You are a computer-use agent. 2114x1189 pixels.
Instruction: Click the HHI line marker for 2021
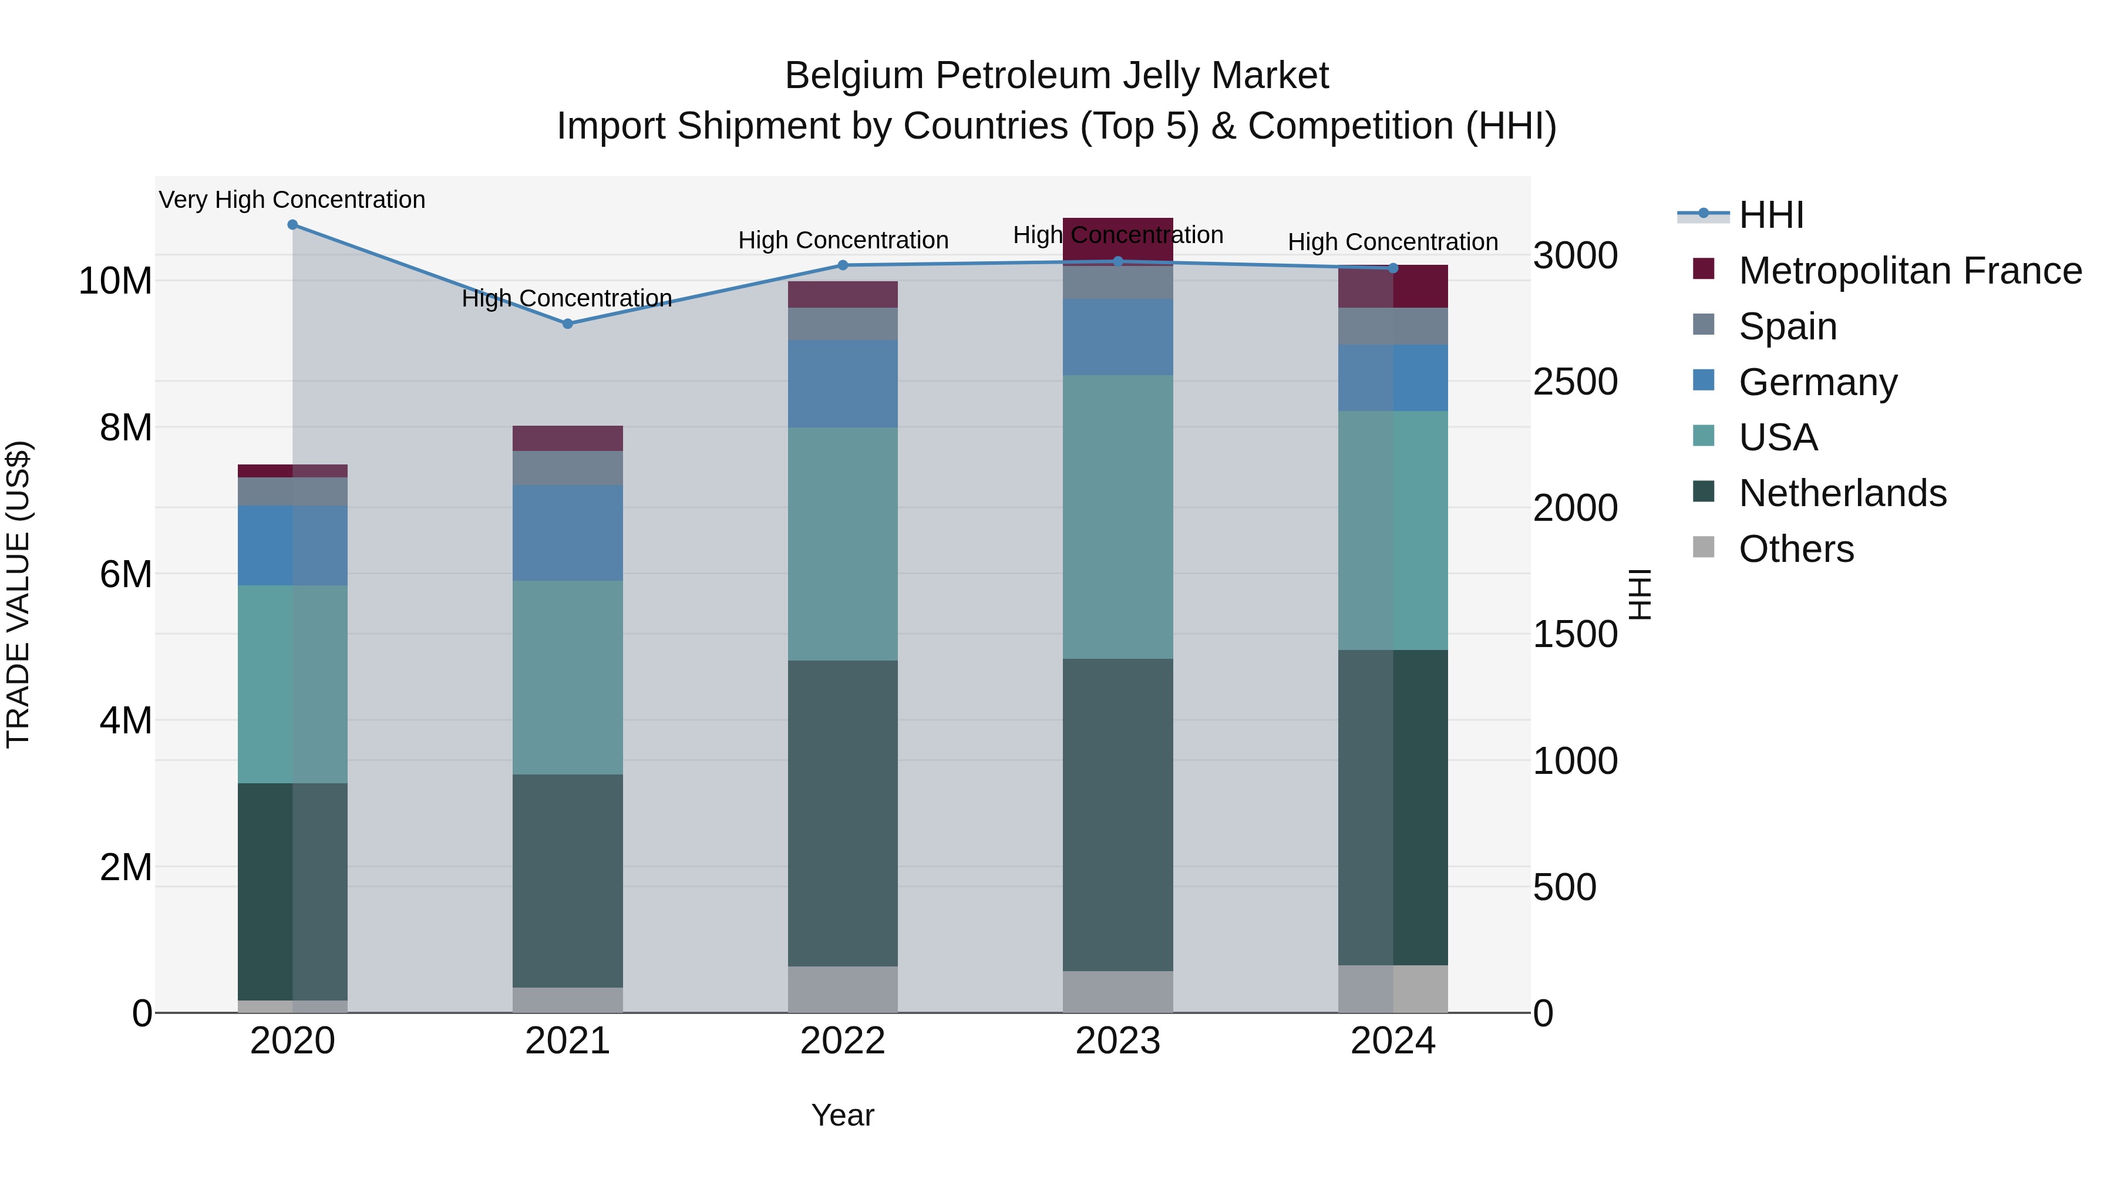[x=567, y=324]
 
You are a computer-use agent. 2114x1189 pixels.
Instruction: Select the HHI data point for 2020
[x=292, y=224]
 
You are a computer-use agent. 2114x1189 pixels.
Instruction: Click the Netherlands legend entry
[x=1842, y=493]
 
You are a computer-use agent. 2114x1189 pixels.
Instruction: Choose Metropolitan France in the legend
[x=1910, y=271]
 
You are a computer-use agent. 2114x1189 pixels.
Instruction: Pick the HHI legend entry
[x=1771, y=215]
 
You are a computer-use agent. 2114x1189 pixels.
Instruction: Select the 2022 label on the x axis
[x=842, y=1041]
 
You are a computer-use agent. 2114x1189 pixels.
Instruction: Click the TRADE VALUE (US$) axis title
[x=18, y=594]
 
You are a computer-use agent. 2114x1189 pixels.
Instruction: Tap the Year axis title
[x=842, y=1115]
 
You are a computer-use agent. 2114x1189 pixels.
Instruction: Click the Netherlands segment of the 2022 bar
[x=842, y=813]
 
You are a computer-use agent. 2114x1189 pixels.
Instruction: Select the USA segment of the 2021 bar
[x=567, y=677]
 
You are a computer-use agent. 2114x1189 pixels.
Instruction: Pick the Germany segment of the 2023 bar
[x=1117, y=337]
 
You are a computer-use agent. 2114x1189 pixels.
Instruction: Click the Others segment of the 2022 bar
[x=842, y=989]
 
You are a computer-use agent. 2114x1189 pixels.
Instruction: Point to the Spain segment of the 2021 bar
[x=567, y=468]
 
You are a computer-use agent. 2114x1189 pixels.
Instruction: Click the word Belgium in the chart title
[x=853, y=76]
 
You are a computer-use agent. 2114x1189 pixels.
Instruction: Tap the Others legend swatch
[x=1703, y=547]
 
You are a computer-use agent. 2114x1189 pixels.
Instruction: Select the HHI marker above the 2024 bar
[x=1393, y=268]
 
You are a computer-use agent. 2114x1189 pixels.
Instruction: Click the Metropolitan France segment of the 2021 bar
[x=567, y=438]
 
